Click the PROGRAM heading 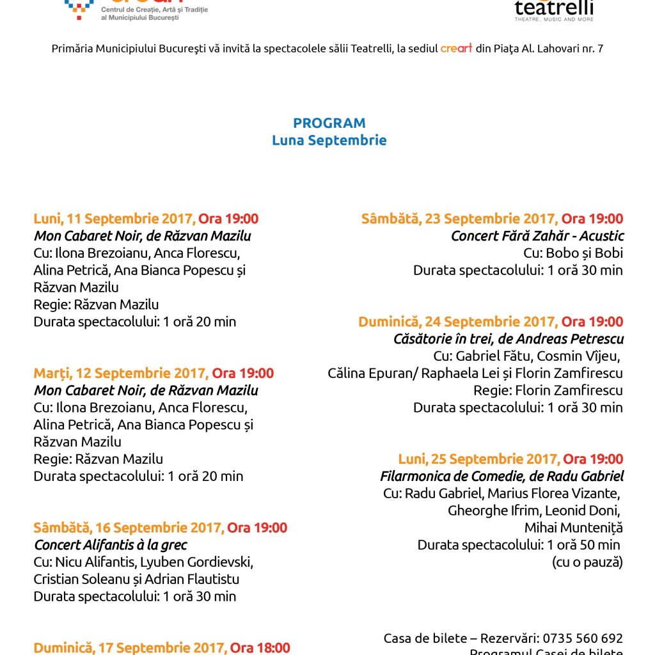pos(329,123)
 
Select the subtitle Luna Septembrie pos(329,140)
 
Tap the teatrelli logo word pos(554,8)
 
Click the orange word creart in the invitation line pos(456,49)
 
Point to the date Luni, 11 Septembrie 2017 pos(114,219)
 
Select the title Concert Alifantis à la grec pos(111,545)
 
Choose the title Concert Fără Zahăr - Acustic pos(537,236)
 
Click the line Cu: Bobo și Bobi pos(573,253)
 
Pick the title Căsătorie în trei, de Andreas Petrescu pos(509,339)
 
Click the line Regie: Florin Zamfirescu pos(548,390)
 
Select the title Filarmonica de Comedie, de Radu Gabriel pos(501,476)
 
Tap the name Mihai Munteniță pos(573,528)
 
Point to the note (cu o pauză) pos(587,562)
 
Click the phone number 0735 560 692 pos(583,638)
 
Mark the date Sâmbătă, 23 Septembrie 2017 pos(459,219)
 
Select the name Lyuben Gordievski pos(203,562)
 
